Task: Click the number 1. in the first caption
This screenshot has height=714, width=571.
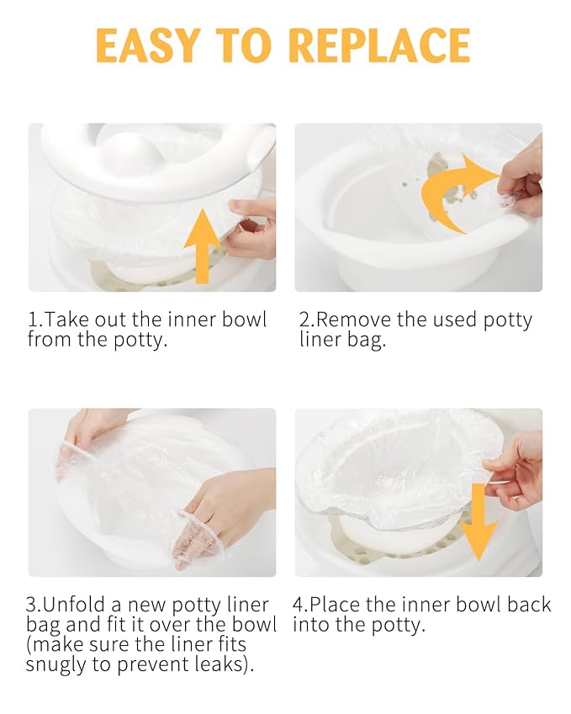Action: pos(34,320)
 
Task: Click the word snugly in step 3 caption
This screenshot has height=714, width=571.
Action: pos(61,665)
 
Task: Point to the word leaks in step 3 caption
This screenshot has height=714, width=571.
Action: pos(230,665)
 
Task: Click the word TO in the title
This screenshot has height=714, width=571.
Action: pos(251,45)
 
